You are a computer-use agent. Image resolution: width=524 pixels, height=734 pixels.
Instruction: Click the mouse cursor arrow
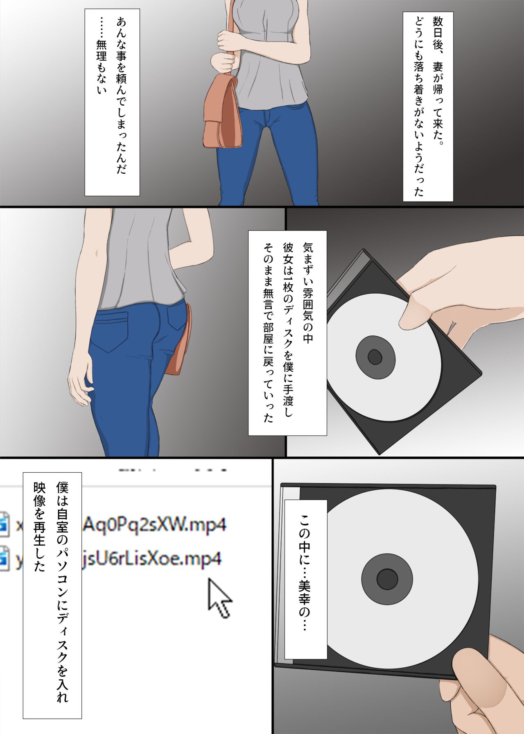point(219,597)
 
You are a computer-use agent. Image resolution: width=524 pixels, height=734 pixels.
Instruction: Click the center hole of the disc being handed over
point(375,357)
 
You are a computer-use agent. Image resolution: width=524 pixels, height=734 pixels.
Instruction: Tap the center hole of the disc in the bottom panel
point(387,579)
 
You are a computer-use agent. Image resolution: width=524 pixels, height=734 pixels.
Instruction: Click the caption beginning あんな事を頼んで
point(112,102)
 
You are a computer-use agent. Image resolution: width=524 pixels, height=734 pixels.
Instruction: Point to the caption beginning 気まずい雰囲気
point(287,333)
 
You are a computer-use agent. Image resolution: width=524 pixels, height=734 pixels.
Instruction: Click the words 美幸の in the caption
point(305,602)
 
